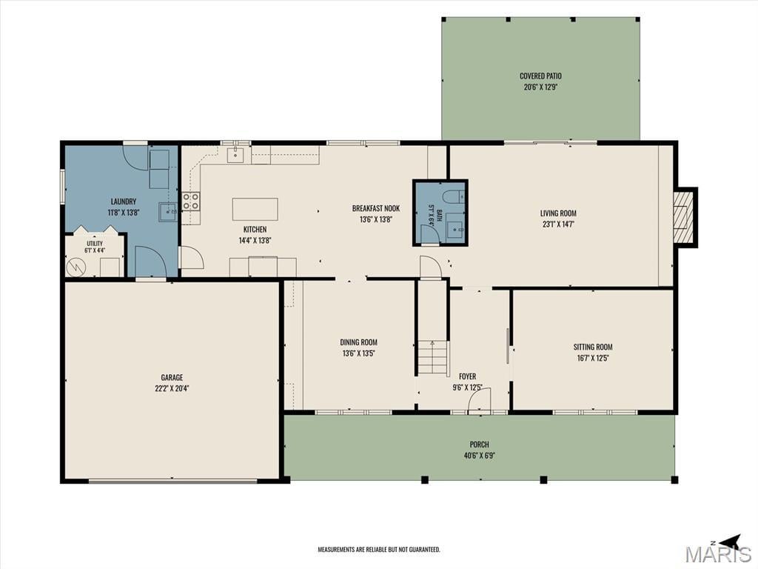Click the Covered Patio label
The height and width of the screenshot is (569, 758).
coord(540,76)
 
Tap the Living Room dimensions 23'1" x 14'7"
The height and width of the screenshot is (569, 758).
coord(558,224)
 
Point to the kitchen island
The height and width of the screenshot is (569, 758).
coord(255,209)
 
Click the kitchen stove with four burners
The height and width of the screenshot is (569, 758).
coord(192,202)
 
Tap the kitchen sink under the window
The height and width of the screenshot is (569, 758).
coord(236,156)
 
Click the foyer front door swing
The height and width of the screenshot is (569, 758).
coord(480,401)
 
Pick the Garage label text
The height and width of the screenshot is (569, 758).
coord(172,377)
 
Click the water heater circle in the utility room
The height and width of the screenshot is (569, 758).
coord(76,267)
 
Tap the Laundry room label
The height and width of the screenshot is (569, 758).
coord(124,202)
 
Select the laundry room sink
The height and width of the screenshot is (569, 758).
coord(168,212)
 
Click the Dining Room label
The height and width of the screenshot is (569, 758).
coord(359,342)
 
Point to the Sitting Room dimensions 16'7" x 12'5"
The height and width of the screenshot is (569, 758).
coord(593,358)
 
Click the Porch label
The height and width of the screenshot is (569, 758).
coord(480,445)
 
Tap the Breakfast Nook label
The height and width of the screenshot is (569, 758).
coord(376,208)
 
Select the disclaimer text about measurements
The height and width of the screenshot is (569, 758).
coord(379,550)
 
